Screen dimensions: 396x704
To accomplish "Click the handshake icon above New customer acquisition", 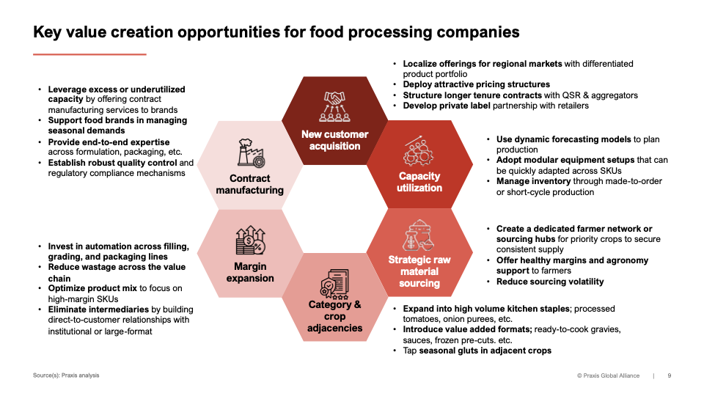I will click(x=335, y=107).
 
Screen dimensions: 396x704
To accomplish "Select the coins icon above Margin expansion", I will click(x=250, y=241).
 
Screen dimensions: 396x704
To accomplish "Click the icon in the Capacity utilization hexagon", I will click(x=419, y=151).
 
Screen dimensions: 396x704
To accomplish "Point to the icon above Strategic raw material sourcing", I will click(x=419, y=235).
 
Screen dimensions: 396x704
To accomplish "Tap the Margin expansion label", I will click(x=250, y=272).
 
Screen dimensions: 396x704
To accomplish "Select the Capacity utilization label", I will click(x=419, y=182).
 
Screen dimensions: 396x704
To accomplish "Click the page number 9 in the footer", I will click(x=669, y=375).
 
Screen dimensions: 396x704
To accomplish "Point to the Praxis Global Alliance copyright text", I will click(x=608, y=375).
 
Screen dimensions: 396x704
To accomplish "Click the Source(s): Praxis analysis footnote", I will click(x=66, y=375).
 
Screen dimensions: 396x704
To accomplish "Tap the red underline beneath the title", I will click(x=89, y=54).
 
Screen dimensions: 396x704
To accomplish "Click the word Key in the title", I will click(x=48, y=32).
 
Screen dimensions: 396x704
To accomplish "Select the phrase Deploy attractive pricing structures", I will click(x=476, y=85).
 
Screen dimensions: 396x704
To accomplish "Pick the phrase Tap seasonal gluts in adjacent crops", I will click(x=477, y=351).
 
